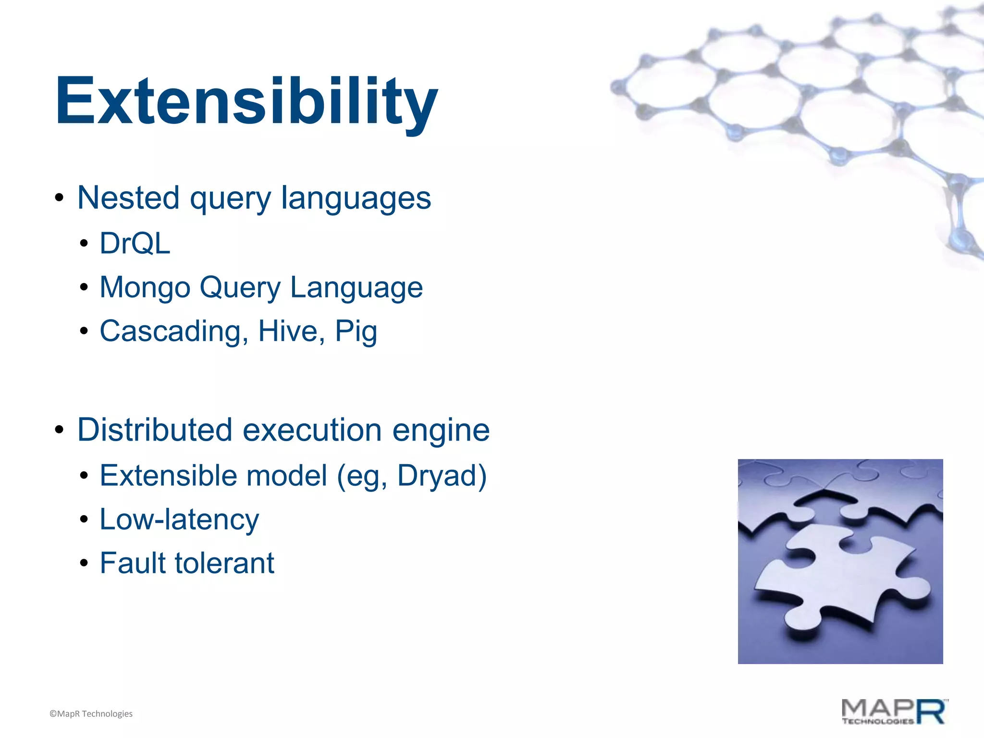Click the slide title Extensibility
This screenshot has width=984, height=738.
(x=246, y=102)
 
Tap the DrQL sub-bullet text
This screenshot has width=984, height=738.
(x=135, y=243)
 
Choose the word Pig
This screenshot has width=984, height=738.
(x=356, y=332)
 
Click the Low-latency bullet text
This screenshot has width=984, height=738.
(x=179, y=520)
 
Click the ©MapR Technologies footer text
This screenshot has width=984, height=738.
(x=91, y=714)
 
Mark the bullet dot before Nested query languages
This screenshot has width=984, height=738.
(x=59, y=198)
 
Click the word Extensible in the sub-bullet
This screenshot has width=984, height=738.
(x=168, y=476)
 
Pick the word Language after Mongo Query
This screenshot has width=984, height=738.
(x=357, y=288)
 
